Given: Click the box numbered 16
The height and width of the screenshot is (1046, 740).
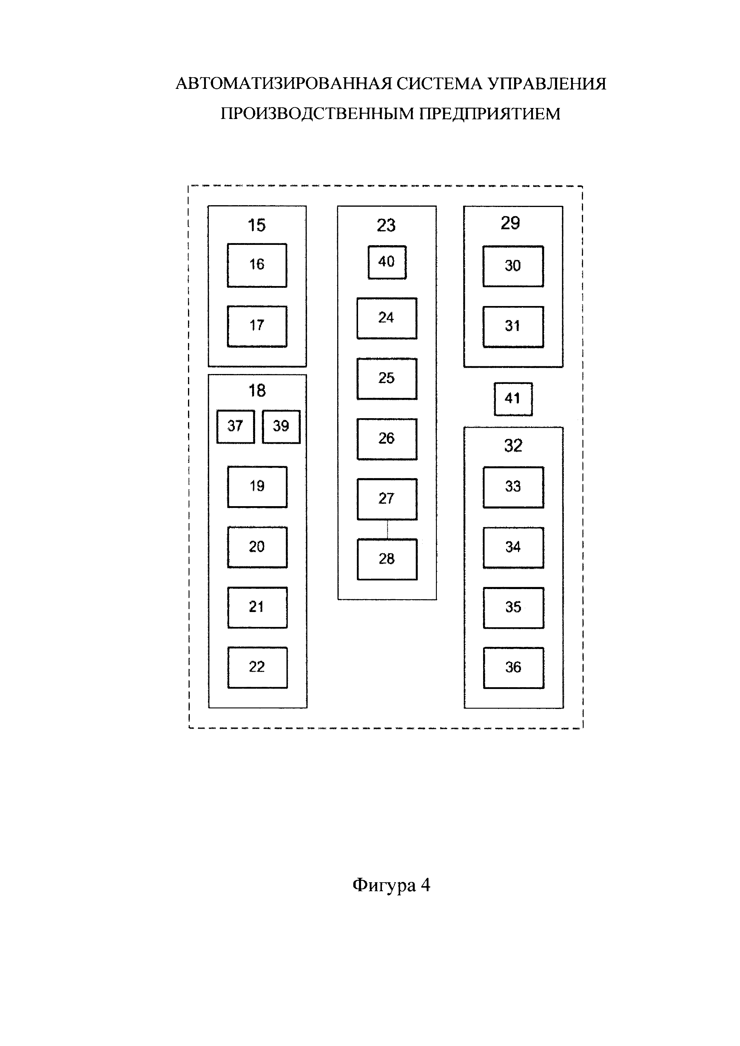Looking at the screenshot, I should click(x=257, y=265).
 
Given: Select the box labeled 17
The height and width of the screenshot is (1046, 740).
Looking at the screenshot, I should click(x=257, y=326).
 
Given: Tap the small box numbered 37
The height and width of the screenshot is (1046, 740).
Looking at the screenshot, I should click(x=235, y=427).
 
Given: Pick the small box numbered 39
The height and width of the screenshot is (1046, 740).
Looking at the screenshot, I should click(x=281, y=427).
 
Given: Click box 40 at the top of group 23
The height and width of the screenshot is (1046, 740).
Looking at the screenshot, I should click(x=387, y=262).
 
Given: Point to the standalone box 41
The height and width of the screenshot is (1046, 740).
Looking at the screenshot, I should click(x=513, y=399).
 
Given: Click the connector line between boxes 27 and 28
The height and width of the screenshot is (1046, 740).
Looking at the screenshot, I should click(x=387, y=529).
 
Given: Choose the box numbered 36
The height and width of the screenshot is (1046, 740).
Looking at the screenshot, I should click(x=514, y=668).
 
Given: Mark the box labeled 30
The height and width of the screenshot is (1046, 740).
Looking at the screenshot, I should click(x=513, y=266).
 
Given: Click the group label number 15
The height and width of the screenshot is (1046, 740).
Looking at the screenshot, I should click(x=257, y=225).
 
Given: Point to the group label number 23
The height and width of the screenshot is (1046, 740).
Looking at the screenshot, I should click(x=386, y=225).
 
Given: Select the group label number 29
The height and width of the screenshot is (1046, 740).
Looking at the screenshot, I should click(x=510, y=223).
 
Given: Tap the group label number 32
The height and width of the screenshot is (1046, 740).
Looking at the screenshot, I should click(x=513, y=446).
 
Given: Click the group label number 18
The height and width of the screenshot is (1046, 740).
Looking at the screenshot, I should click(x=257, y=390).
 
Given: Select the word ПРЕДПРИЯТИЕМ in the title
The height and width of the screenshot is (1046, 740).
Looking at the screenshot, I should click(x=489, y=113).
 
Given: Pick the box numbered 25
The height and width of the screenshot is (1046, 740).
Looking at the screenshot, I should click(x=387, y=378).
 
